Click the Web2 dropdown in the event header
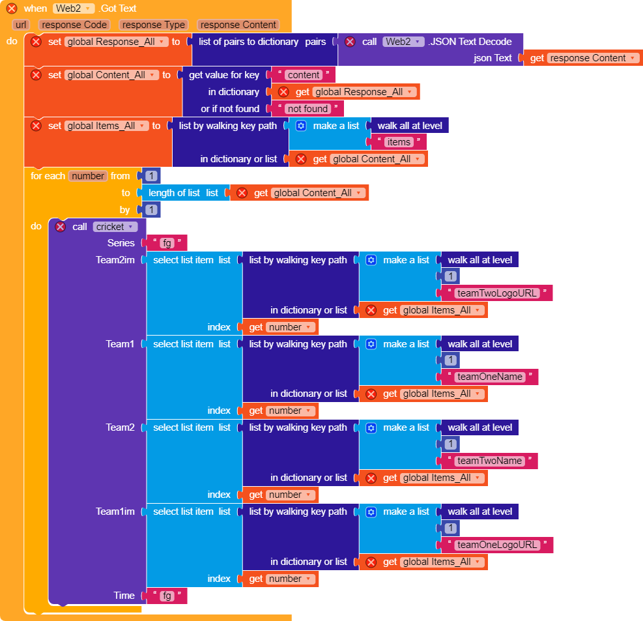[x=74, y=8]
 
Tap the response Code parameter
[x=74, y=25]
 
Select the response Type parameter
[x=154, y=25]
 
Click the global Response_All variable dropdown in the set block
[x=116, y=42]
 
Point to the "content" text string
[x=304, y=75]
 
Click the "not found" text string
[x=307, y=109]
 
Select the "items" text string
[x=399, y=142]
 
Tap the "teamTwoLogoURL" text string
[x=497, y=293]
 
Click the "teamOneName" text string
[x=490, y=377]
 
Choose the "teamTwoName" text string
[x=490, y=461]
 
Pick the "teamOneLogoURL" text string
[x=497, y=545]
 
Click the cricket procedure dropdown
[x=115, y=227]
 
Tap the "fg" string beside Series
[x=167, y=243]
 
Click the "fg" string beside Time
[x=167, y=596]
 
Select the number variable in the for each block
[x=87, y=176]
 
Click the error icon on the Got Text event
[x=12, y=8]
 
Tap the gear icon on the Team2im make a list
[x=371, y=260]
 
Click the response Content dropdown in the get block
[x=592, y=58]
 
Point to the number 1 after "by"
[x=151, y=210]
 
